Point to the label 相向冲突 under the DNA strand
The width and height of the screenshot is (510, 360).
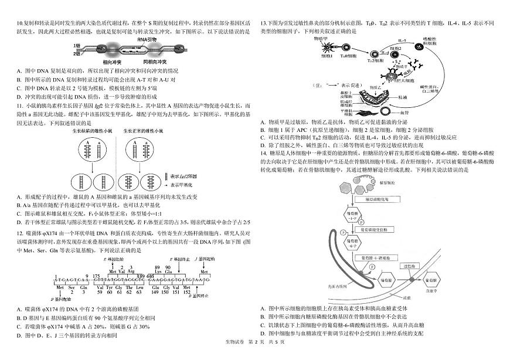coord(112,61)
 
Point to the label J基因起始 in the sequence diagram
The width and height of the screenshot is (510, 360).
coord(205,259)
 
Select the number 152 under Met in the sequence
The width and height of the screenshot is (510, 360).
coord(203,292)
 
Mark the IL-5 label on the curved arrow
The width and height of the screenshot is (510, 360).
coord(402,40)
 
